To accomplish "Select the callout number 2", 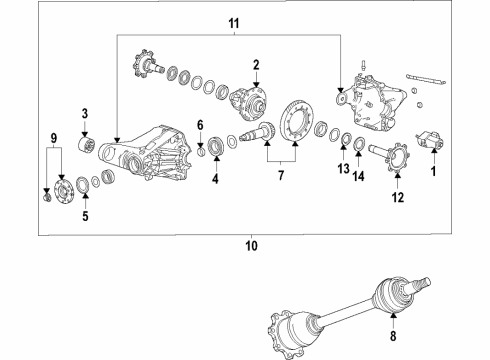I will pyautogui.click(x=255, y=65).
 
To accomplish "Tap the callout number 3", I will pyautogui.click(x=85, y=113).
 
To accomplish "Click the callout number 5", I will pyautogui.click(x=85, y=215).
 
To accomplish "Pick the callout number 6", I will pyautogui.click(x=200, y=124).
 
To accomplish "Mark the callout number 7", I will pyautogui.click(x=281, y=177).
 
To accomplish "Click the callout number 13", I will pyautogui.click(x=344, y=169).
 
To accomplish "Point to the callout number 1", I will pyautogui.click(x=433, y=171).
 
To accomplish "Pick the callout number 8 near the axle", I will pyautogui.click(x=393, y=323).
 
